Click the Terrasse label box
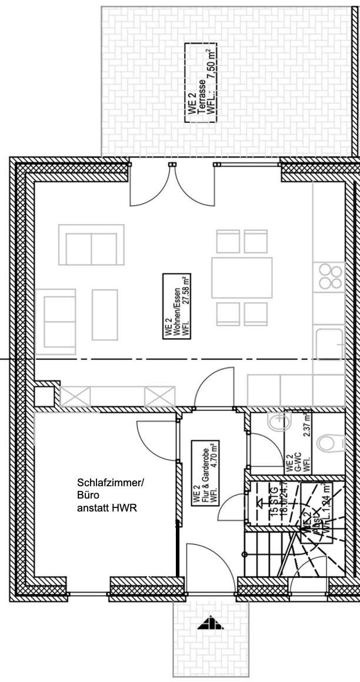tap(200, 82)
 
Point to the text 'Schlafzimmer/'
tap(109, 483)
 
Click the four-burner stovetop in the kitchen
tap(331, 277)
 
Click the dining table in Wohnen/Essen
tap(242, 278)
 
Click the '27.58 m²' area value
tap(188, 306)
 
